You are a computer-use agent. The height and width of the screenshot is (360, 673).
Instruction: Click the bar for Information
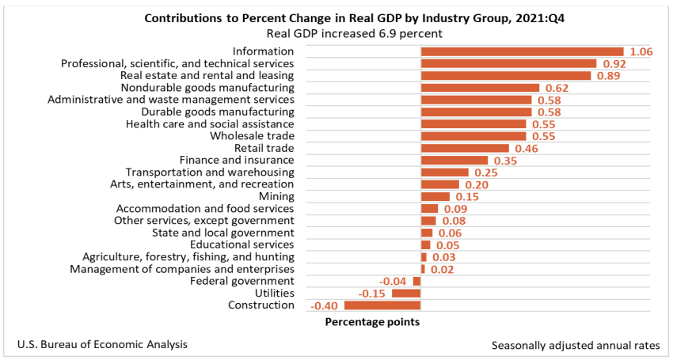pyautogui.click(x=522, y=51)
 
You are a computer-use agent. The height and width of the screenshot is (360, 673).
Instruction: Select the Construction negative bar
pyautogui.click(x=382, y=305)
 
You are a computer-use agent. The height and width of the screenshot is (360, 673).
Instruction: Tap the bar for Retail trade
pyautogui.click(x=465, y=148)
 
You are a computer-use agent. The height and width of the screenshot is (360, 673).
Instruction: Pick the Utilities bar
pyautogui.click(x=406, y=294)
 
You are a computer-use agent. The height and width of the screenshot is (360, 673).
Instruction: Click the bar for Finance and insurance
pyautogui.click(x=454, y=161)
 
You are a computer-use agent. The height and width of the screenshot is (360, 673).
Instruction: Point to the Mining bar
pyautogui.click(x=435, y=196)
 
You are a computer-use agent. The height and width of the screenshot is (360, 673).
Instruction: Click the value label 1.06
pyautogui.click(x=640, y=51)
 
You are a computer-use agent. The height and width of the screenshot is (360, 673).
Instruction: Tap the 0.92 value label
pyautogui.click(x=613, y=63)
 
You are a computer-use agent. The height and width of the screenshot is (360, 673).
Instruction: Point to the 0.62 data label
pyautogui.click(x=558, y=88)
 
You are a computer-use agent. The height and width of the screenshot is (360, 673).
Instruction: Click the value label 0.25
pyautogui.click(x=485, y=172)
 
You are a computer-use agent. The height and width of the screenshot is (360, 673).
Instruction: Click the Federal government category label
pyautogui.click(x=242, y=281)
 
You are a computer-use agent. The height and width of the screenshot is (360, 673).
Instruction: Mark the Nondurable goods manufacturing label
pyautogui.click(x=207, y=88)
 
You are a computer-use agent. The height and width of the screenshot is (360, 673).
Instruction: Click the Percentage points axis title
pyautogui.click(x=372, y=322)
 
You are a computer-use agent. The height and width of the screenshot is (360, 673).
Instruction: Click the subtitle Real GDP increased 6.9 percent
pyautogui.click(x=354, y=33)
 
